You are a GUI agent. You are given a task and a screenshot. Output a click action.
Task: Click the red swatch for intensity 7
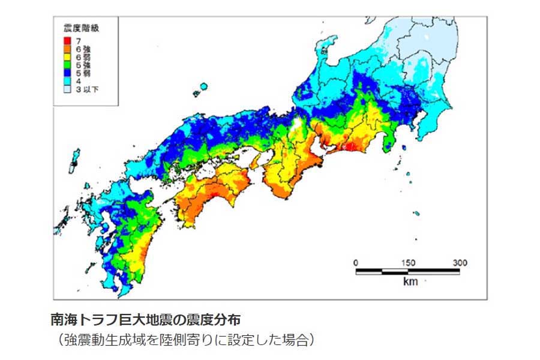click(67, 39)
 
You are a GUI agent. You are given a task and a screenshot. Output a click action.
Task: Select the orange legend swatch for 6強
click(67, 47)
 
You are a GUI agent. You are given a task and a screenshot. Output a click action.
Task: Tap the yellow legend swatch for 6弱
click(67, 56)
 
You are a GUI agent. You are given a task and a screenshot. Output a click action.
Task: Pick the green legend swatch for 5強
click(67, 64)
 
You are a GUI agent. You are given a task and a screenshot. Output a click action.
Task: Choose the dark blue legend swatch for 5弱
click(67, 73)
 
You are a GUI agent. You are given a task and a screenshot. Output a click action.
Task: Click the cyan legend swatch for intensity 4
click(67, 81)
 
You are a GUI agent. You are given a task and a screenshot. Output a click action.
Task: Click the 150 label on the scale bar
click(408, 263)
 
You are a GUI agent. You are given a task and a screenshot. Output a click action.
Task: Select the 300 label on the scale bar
click(460, 263)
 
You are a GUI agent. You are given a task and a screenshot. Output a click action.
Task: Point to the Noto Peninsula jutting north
click(327, 51)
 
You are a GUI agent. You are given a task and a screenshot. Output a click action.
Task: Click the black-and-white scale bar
click(408, 272)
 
